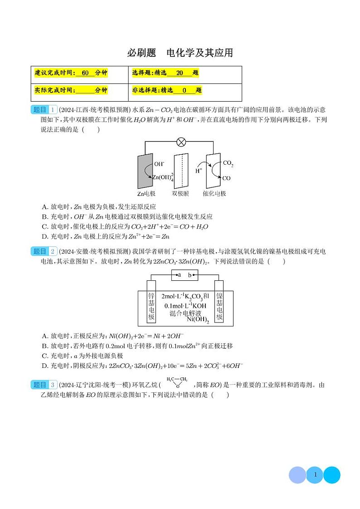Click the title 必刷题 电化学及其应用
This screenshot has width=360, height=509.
pyautogui.click(x=180, y=53)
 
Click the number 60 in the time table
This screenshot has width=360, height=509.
pyautogui.click(x=85, y=73)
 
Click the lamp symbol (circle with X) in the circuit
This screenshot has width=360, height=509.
pyautogui.click(x=181, y=142)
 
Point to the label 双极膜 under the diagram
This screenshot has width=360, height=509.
pyautogui.click(x=180, y=194)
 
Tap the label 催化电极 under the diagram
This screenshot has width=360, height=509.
pyautogui.click(x=214, y=194)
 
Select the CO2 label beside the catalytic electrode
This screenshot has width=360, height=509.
pyautogui.click(x=228, y=163)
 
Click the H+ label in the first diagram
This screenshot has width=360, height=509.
pyautogui.click(x=199, y=171)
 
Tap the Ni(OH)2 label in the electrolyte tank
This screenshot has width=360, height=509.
pyautogui.click(x=198, y=320)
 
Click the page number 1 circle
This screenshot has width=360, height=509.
pyautogui.click(x=315, y=475)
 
